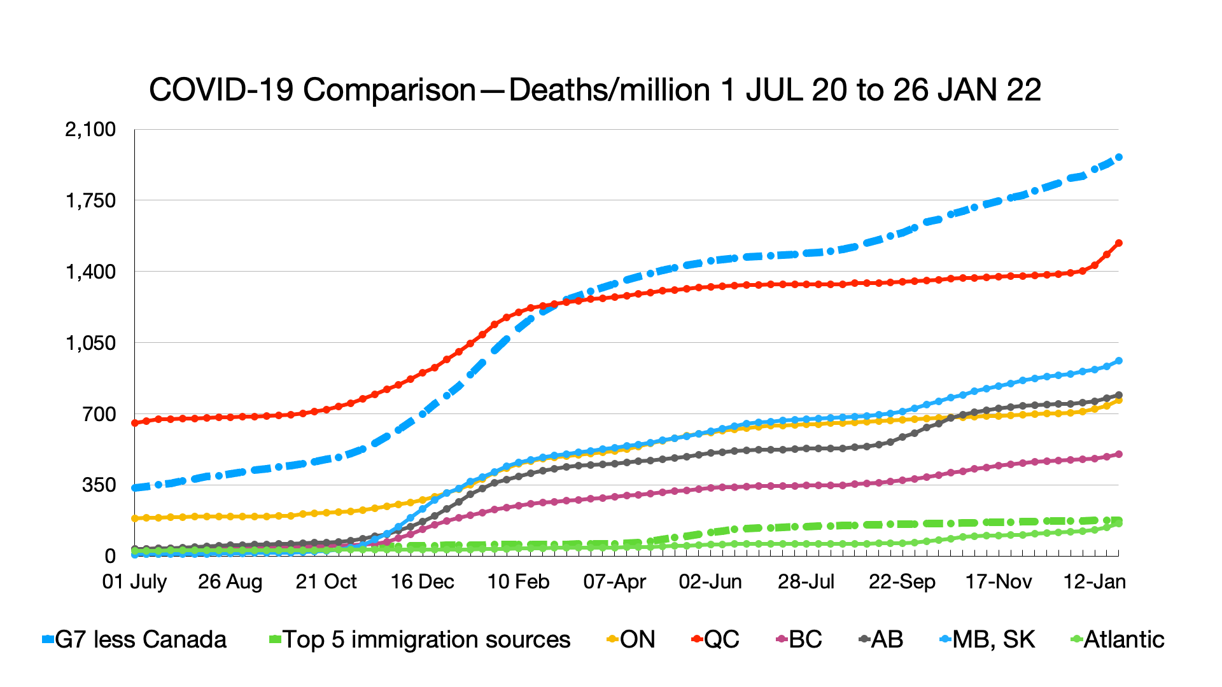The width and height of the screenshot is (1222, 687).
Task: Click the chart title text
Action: [x=594, y=90]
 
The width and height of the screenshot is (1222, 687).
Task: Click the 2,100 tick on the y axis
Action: [x=90, y=129]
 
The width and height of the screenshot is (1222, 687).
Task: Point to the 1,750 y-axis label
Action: [x=90, y=200]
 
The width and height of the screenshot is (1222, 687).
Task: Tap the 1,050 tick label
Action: [x=90, y=343]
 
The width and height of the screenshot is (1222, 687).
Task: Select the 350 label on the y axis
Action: [x=99, y=485]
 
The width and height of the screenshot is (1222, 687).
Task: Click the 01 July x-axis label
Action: [x=134, y=581]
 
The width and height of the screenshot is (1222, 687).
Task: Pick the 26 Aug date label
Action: [x=230, y=581]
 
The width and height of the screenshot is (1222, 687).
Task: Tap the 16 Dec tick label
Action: [x=422, y=581]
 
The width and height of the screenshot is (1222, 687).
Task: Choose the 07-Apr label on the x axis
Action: [x=614, y=581]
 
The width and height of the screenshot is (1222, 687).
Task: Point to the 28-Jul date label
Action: [x=806, y=581]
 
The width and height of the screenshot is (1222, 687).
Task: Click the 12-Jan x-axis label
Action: [x=1095, y=581]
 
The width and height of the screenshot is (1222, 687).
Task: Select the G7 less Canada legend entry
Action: [x=134, y=639]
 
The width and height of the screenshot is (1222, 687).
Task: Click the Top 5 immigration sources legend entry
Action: [x=420, y=639]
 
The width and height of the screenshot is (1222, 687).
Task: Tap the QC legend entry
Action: [x=715, y=639]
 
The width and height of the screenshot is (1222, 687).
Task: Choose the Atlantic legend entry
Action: [x=1118, y=639]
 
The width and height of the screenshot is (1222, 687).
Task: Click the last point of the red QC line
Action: [x=1119, y=243]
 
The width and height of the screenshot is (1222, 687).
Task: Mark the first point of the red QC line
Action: [x=134, y=423]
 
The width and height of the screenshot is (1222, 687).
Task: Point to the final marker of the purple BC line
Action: [x=1119, y=454]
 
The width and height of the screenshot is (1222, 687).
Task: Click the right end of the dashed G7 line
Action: [x=1119, y=157]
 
